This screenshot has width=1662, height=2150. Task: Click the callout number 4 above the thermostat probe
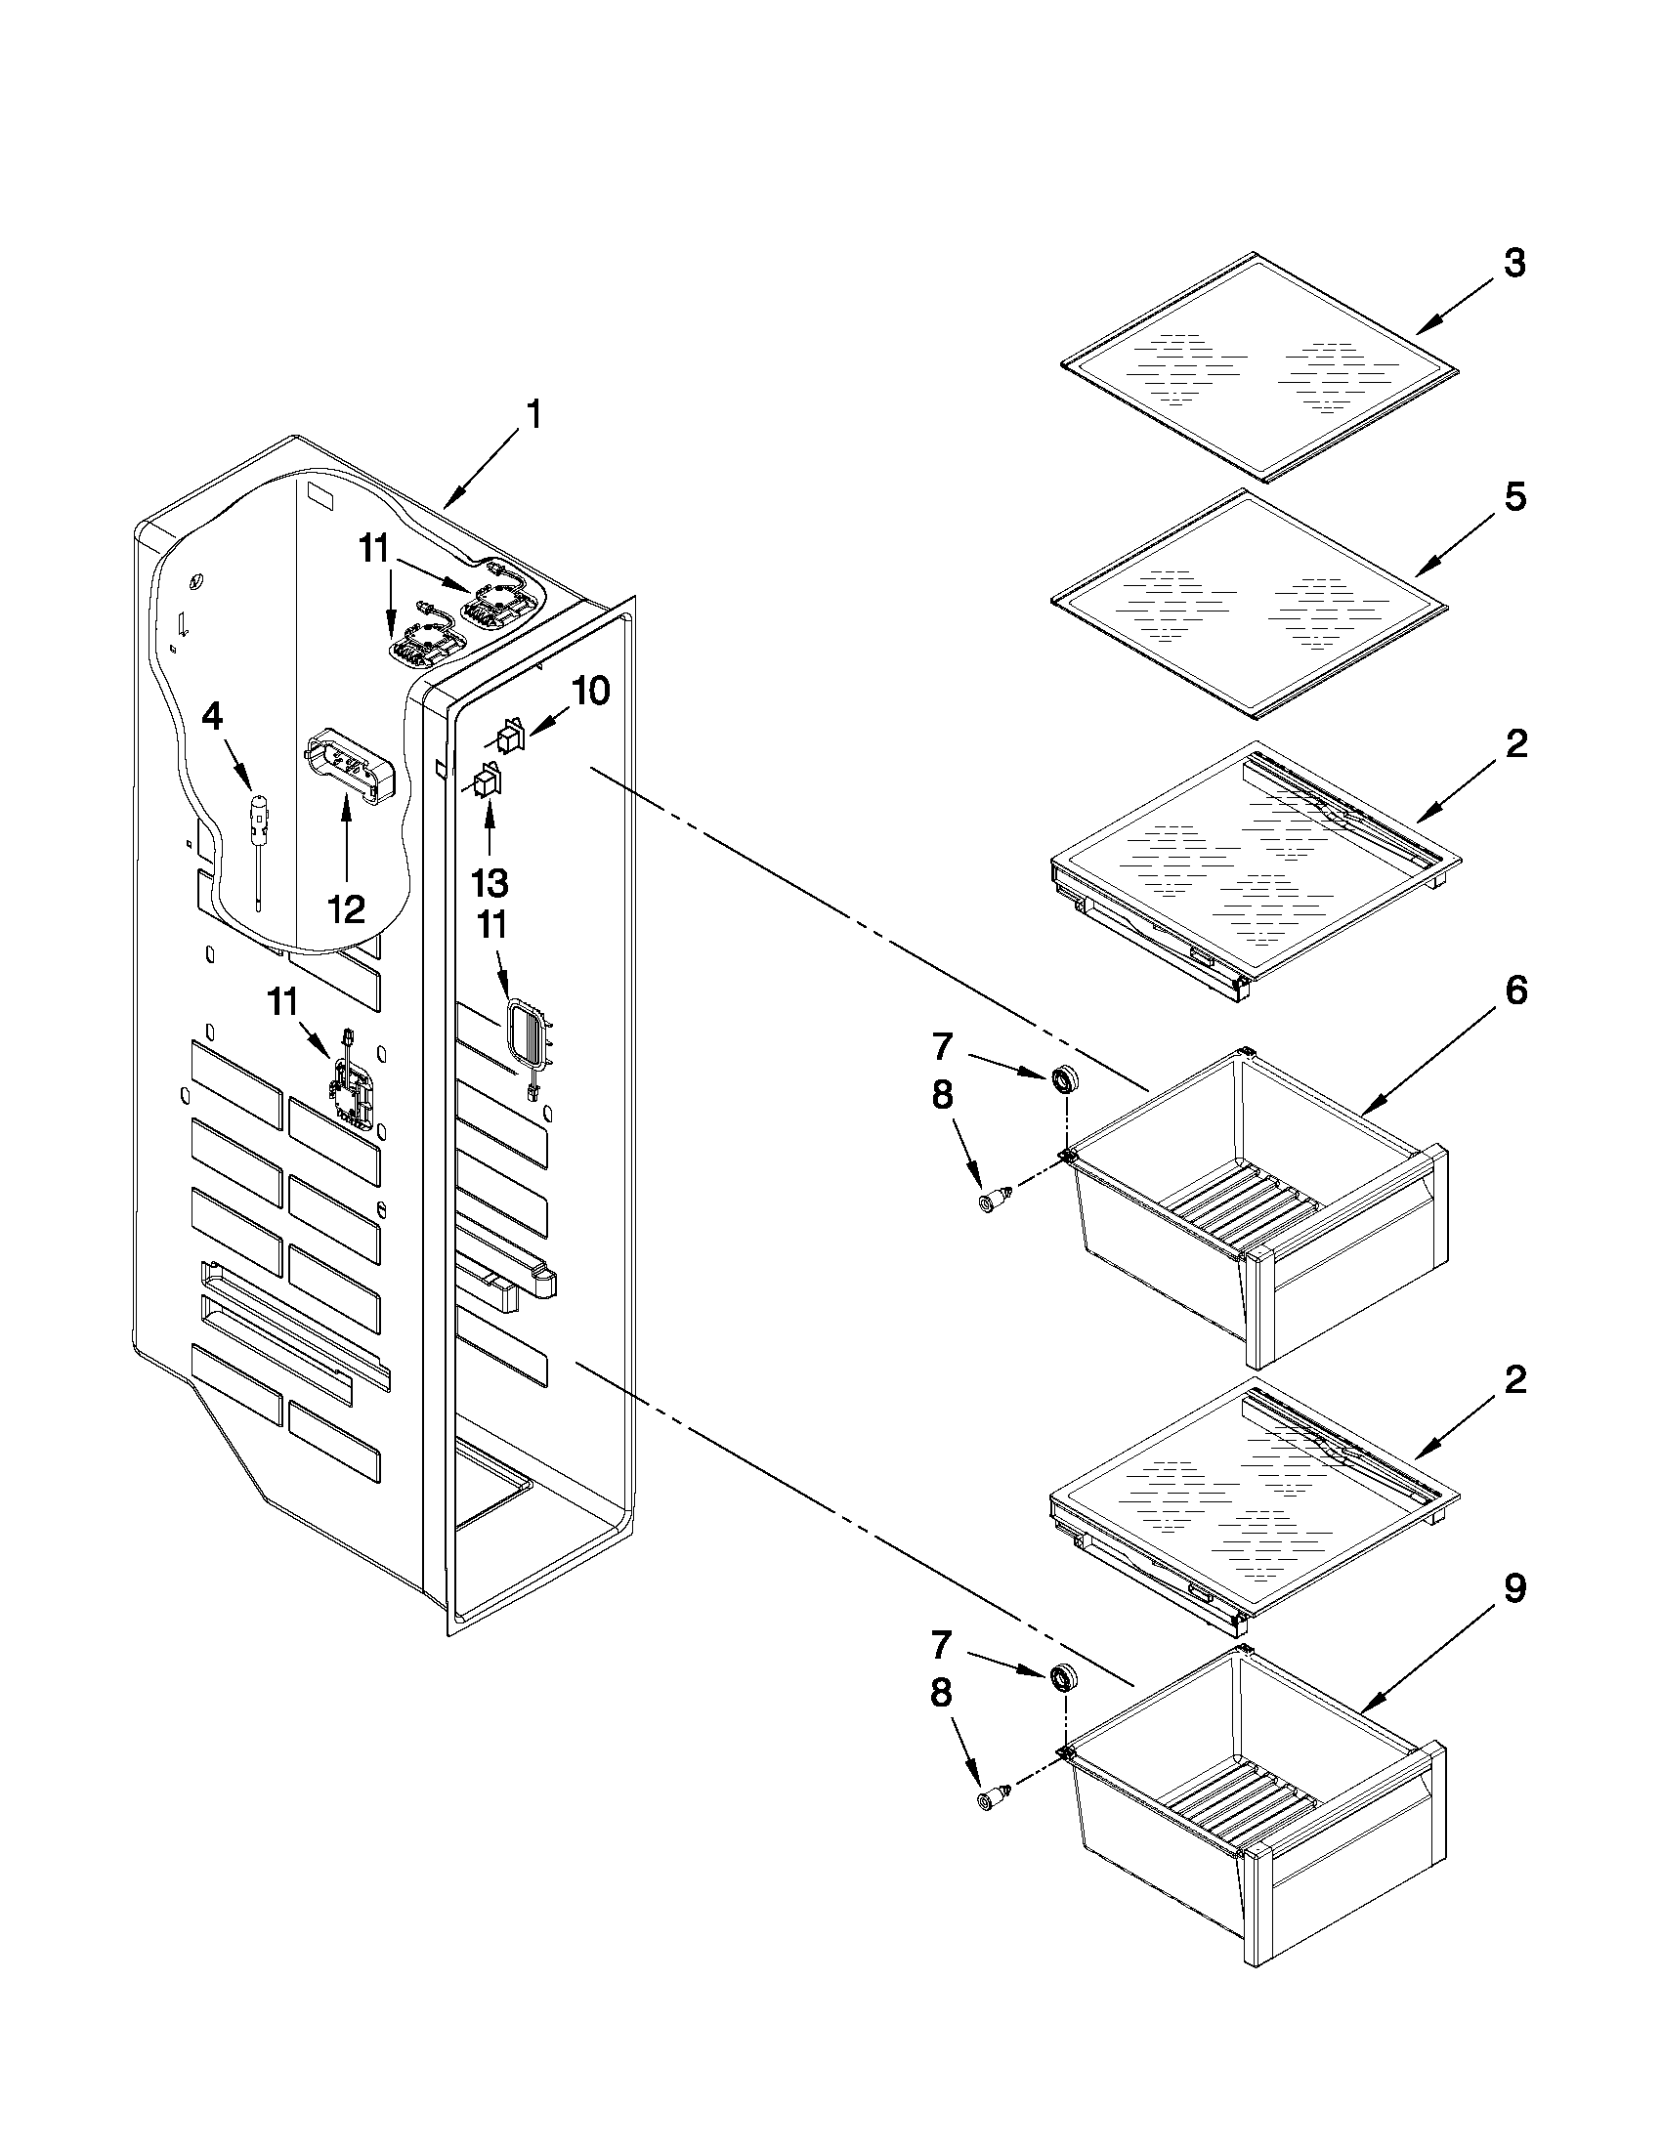212,718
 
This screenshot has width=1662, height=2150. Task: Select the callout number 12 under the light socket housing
347,908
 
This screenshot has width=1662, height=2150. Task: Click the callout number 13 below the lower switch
490,883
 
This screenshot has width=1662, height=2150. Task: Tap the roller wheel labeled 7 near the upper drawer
1062,1080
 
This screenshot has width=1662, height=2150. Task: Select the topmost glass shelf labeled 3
1260,367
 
